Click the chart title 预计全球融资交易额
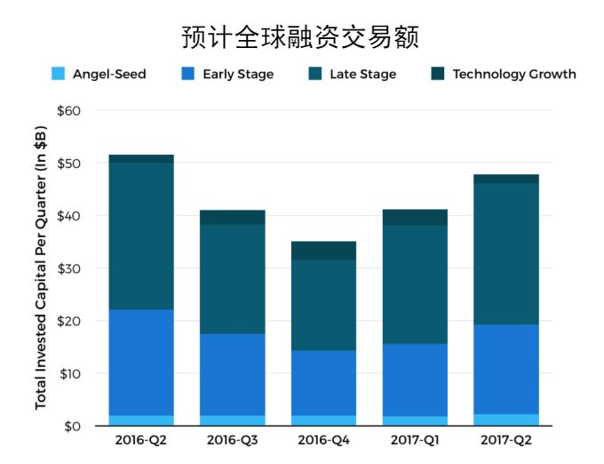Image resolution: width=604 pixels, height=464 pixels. tap(300, 36)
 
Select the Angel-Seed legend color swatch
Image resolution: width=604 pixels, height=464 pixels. tap(58, 74)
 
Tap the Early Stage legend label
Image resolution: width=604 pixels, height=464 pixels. tap(237, 74)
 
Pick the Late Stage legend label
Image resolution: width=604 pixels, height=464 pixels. tap(362, 74)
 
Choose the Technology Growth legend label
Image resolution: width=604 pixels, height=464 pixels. tap(513, 74)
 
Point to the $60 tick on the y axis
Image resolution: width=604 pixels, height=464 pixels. tap(68, 111)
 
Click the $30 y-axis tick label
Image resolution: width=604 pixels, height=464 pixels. tap(68, 268)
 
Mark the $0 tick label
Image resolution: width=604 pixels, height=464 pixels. tap(72, 426)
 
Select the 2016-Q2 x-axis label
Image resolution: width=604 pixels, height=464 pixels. tap(140, 440)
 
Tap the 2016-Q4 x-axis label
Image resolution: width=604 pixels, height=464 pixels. tap(323, 440)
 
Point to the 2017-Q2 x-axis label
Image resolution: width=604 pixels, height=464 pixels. tap(506, 440)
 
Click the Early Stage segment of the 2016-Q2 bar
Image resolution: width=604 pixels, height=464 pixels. tap(140, 362)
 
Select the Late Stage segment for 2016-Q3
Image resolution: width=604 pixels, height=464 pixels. tap(232, 278)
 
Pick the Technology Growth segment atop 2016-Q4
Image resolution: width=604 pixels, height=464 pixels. tap(323, 250)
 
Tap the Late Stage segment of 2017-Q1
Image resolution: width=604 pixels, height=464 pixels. tap(415, 284)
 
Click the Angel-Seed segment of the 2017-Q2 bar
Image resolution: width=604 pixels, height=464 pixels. tap(506, 420)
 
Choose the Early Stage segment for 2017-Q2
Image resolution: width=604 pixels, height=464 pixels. tap(506, 369)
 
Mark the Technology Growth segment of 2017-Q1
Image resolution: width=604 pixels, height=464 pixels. tap(415, 217)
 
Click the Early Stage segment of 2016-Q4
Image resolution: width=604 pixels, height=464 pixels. tap(323, 382)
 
